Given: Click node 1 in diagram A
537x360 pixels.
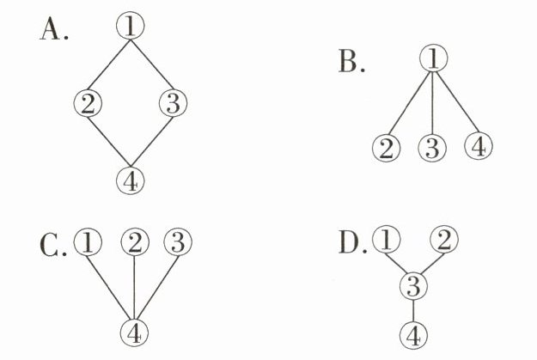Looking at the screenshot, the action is tap(130, 27).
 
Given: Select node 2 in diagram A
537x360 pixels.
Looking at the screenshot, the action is tap(88, 105).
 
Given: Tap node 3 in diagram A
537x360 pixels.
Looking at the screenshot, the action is tap(173, 105).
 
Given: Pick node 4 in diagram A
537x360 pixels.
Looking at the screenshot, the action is tap(130, 180).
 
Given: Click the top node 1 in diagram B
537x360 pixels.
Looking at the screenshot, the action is tap(434, 58).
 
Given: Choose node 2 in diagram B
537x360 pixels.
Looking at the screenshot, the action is tap(387, 148).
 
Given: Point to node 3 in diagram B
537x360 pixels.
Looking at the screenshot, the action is tap(433, 148).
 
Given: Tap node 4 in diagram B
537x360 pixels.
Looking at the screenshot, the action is tap(479, 147).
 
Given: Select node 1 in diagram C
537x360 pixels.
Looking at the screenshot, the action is tap(88, 243).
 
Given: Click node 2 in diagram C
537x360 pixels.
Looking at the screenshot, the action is tap(134, 243).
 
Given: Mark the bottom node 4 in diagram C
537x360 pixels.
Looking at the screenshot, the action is tap(133, 331).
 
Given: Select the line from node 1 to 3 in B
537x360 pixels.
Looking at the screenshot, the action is tap(434, 103).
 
